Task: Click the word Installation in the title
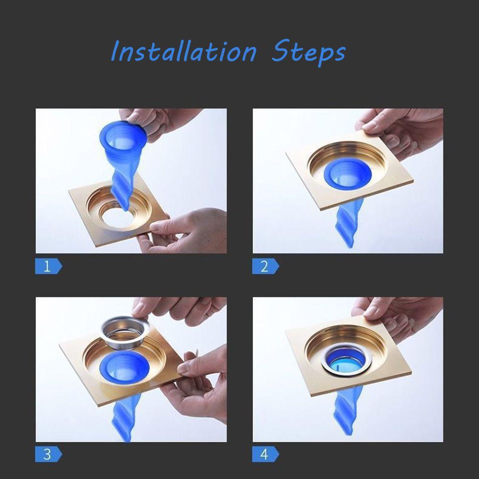183,52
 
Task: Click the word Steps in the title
308,52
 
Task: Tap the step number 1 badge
47,266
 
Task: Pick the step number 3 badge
47,454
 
